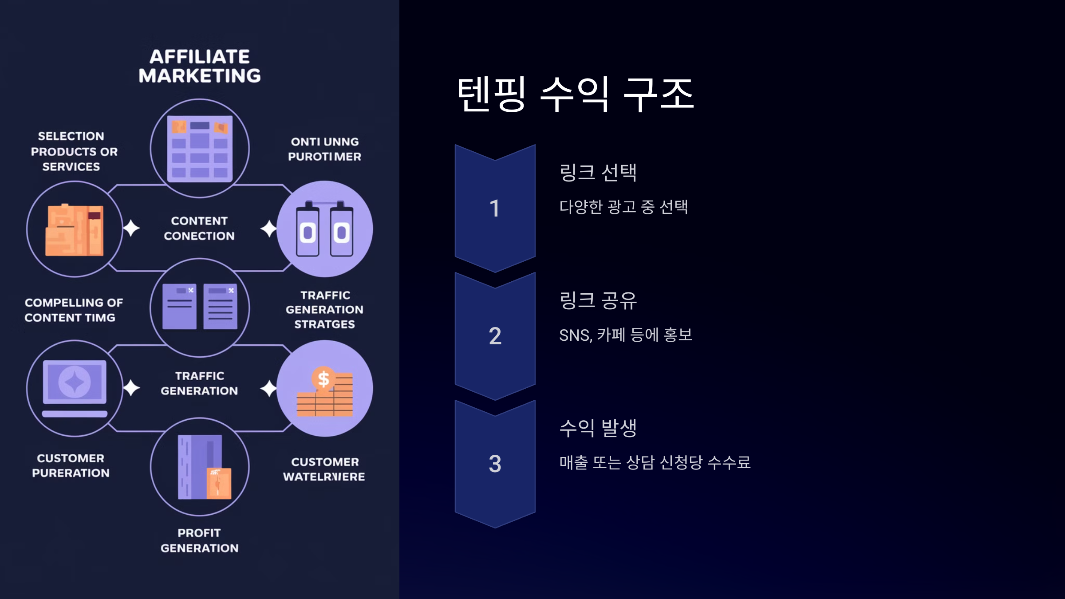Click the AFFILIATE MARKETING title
pos(200,66)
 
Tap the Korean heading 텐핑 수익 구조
pos(576,94)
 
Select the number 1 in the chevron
pos(495,208)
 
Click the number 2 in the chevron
pos(495,336)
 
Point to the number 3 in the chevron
pos(495,464)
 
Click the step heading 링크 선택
pos(598,172)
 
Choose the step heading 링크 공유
pos(598,300)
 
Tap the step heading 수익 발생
pos(598,428)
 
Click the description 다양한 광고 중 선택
pos(623,207)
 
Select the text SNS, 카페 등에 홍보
pos(626,335)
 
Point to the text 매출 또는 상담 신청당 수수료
pos(655,462)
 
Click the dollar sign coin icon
pos(323,378)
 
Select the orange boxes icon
pos(75,229)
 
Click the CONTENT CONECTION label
pos(199,228)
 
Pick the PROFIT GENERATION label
pos(199,540)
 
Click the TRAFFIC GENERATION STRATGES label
pos(324,310)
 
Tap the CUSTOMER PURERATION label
pos(71,465)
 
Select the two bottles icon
pos(324,229)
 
